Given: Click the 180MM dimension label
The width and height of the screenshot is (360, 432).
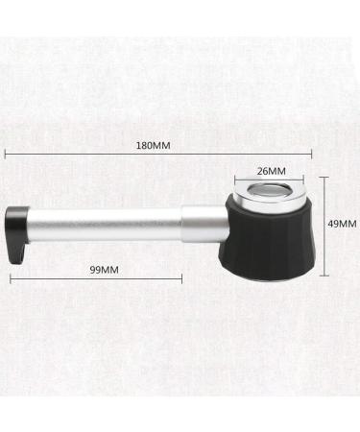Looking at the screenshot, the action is pyautogui.click(x=154, y=146).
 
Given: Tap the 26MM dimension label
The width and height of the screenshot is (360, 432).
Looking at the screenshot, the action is pyautogui.click(x=272, y=172).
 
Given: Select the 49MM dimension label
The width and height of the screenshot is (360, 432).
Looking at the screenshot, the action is pyautogui.click(x=342, y=224).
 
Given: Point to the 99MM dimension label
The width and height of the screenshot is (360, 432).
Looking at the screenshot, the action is pyautogui.click(x=104, y=270).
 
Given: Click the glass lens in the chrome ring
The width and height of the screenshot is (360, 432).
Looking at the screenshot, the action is pyautogui.click(x=269, y=192).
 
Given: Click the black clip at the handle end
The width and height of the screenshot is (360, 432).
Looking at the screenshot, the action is pyautogui.click(x=17, y=234).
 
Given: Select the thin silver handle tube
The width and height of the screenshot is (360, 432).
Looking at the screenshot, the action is pyautogui.click(x=105, y=224).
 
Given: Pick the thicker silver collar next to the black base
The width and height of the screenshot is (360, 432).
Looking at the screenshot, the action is pyautogui.click(x=205, y=224).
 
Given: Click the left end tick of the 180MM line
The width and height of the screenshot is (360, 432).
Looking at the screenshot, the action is pyautogui.click(x=5, y=155).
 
